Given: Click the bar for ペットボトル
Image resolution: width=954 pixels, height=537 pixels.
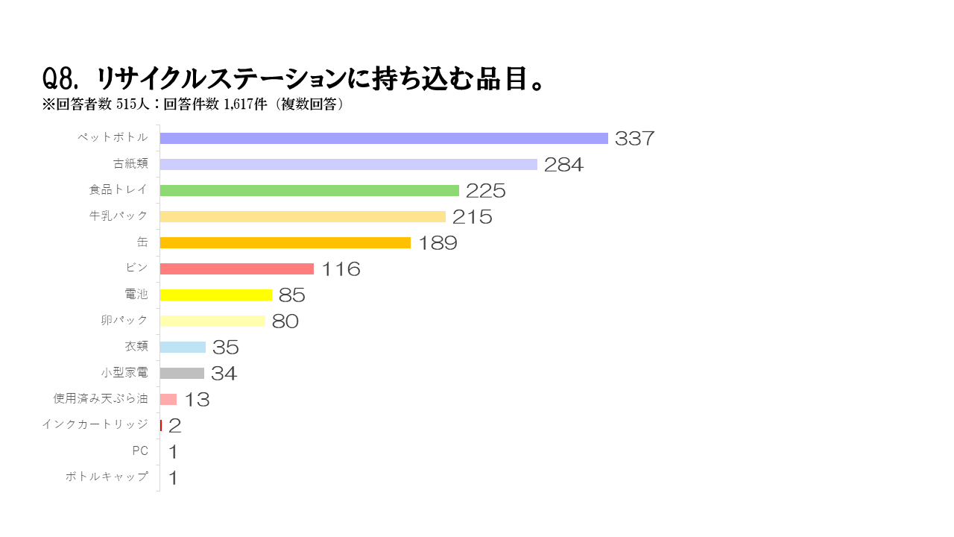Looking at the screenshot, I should tap(384, 138).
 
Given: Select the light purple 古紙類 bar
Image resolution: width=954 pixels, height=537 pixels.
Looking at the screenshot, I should tap(348, 164).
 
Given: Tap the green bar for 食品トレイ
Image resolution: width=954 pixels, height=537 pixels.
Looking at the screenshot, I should tap(309, 190).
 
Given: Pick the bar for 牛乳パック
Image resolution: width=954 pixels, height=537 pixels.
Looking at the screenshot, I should tap(303, 216).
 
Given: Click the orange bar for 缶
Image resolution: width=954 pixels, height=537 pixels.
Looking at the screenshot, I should tap(285, 242).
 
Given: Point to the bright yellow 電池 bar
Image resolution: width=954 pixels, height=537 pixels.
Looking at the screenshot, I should tap(216, 295).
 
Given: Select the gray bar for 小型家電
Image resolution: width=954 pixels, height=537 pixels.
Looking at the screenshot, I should tap(182, 373).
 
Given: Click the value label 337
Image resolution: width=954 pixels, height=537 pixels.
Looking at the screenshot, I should tap(634, 139).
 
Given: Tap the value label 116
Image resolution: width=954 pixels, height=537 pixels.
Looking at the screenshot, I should tap(341, 269).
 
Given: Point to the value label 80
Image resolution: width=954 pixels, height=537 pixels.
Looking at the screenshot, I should tap(285, 321).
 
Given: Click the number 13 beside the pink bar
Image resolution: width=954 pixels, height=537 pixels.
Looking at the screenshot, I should tap(197, 400).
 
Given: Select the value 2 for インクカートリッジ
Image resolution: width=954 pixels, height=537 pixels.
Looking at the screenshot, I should tap(174, 426).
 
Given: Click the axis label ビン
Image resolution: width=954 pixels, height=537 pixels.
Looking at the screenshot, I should tap(137, 268).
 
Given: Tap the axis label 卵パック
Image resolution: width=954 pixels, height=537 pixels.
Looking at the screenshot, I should tap(124, 320).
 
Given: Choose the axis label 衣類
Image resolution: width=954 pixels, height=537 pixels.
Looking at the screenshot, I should tap(136, 346).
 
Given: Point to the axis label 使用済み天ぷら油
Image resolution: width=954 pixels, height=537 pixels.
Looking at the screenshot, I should tap(101, 398).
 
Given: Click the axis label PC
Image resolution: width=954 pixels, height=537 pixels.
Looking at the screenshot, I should tap(140, 450).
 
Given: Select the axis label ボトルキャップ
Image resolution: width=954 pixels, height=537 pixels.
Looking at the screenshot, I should tap(107, 477).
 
